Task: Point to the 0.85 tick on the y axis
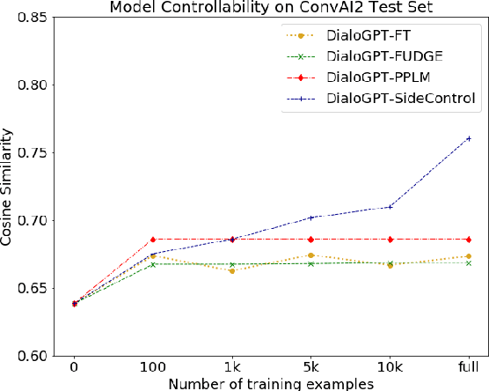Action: point(31,17)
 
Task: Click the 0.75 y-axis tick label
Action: point(31,152)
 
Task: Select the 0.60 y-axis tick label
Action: point(31,356)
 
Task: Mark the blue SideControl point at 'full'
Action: point(469,138)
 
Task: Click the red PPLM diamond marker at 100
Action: point(153,240)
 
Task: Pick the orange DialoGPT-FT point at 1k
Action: point(232,270)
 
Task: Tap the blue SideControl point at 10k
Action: point(390,207)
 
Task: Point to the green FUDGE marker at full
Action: point(469,263)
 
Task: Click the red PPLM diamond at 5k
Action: point(310,240)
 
